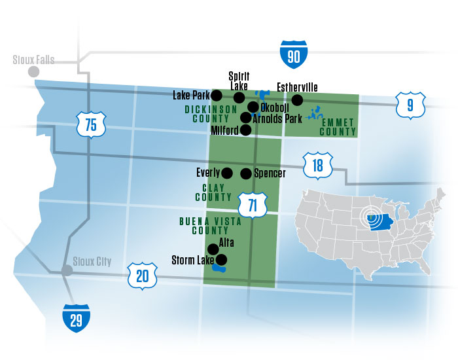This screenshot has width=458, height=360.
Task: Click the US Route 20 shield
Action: point(142,276)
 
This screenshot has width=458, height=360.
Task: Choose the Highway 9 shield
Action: point(410,104)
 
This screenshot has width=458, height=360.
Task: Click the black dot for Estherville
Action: point(297,99)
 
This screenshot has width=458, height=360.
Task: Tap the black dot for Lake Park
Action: point(217,95)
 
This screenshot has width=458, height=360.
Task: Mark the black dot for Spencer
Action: point(246,173)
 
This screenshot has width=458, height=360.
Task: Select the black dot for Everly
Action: point(227,173)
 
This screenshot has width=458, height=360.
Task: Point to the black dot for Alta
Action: point(213,249)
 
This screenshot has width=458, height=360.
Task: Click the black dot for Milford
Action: point(245,130)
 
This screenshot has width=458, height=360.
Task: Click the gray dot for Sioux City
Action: point(67,270)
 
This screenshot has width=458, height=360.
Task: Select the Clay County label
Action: point(218,192)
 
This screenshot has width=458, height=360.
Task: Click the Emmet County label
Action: point(337,126)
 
